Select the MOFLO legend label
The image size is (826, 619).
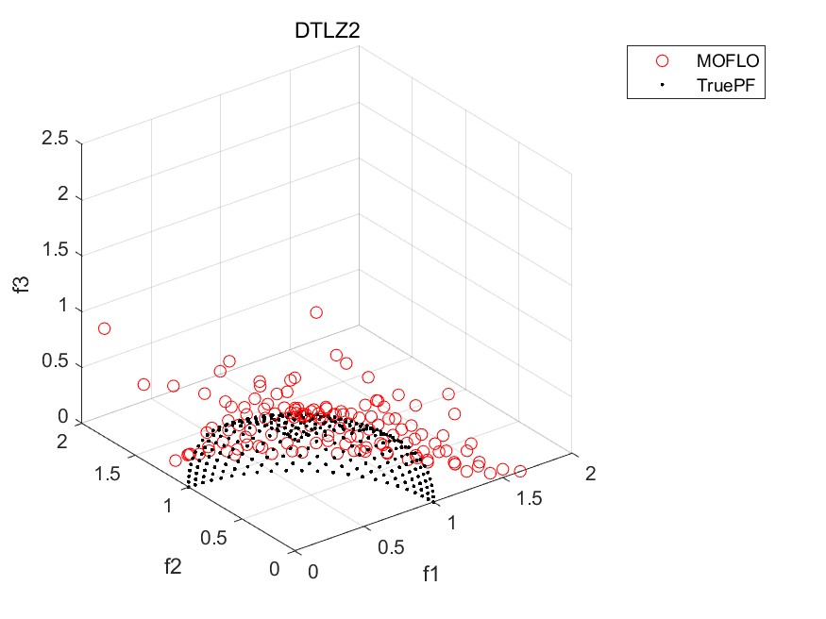coord(728,60)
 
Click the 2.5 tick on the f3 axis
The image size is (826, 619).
coord(55,140)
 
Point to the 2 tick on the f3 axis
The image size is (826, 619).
coord(61,196)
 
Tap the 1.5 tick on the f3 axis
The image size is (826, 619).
coord(55,253)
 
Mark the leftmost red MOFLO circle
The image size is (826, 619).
coord(104,328)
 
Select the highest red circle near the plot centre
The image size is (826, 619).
coord(316,312)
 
